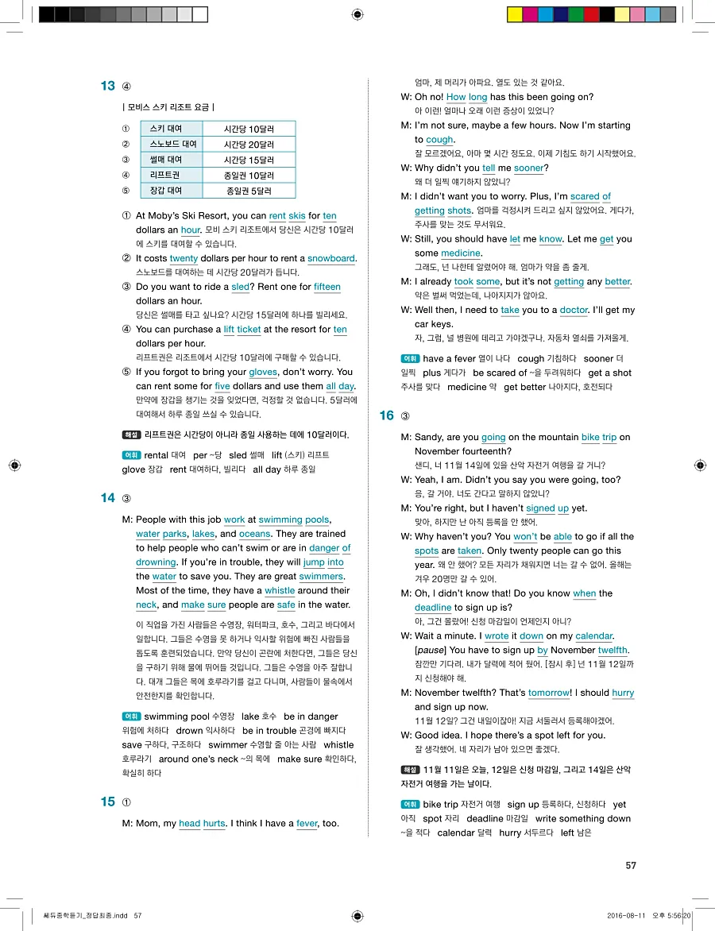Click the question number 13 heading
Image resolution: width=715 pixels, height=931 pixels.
108,87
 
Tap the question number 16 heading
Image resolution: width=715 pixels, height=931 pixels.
387,415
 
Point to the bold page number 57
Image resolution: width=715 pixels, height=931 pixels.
631,866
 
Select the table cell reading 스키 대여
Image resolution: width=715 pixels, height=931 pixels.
166,129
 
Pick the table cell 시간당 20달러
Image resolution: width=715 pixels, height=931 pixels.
249,145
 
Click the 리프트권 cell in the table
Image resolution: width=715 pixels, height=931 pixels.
165,175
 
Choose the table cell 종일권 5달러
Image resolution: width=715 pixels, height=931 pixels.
249,191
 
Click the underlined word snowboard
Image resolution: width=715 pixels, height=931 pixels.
331,258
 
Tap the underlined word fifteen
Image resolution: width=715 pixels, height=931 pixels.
327,287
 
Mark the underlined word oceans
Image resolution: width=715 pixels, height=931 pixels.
255,534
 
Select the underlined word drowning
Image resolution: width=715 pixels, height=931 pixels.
156,562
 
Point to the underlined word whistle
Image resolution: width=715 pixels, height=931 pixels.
280,591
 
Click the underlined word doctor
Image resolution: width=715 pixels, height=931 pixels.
574,310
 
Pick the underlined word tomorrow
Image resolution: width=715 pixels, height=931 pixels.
549,693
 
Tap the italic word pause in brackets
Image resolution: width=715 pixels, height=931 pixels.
431,651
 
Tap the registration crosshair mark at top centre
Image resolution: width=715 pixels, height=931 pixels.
357,14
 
